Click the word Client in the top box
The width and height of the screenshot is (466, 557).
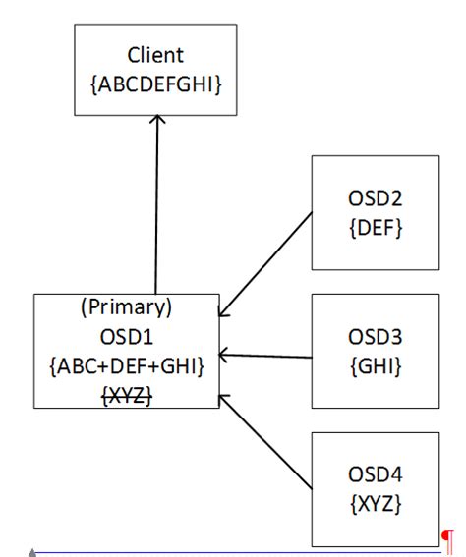pyautogui.click(x=155, y=55)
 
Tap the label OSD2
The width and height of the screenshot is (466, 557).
pyautogui.click(x=375, y=198)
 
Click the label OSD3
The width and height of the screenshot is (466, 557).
pyautogui.click(x=375, y=337)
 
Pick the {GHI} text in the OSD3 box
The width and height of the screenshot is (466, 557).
pyautogui.click(x=375, y=366)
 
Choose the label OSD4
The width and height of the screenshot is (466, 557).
pyautogui.click(x=375, y=475)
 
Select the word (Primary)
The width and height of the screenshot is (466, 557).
pyautogui.click(x=126, y=306)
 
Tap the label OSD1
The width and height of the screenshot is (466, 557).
pyautogui.click(x=126, y=336)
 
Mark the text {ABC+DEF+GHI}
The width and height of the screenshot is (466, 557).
pyautogui.click(x=126, y=365)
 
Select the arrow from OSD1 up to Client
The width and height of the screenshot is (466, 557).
pyautogui.click(x=156, y=206)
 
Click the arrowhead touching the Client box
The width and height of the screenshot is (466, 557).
pyautogui.click(x=157, y=125)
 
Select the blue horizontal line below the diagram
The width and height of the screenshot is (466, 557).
pyautogui.click(x=236, y=552)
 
